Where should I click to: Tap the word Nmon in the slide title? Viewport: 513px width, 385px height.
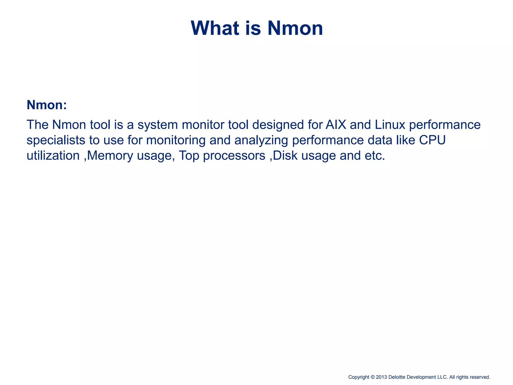point(295,28)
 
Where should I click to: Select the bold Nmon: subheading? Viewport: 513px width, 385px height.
point(47,105)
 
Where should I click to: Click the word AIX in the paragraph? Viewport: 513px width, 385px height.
point(336,125)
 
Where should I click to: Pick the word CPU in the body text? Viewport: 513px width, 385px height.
point(432,140)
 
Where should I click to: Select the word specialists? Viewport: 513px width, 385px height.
point(56,140)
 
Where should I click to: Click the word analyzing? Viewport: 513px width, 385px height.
point(261,140)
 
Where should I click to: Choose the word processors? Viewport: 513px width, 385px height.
point(234,156)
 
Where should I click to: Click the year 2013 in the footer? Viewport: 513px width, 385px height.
point(381,377)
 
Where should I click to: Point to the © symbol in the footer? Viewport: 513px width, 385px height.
point(372,377)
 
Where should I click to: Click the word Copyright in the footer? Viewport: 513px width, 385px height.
point(359,377)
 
